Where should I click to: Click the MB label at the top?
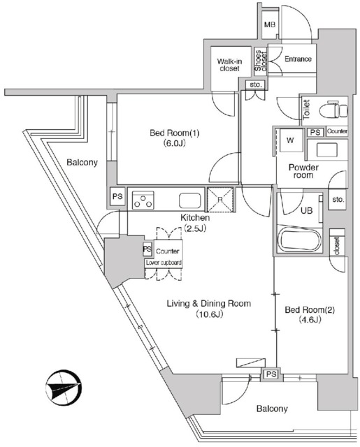[x=270, y=25]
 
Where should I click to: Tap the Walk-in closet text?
[x=229, y=65]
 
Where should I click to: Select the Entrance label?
[x=298, y=59]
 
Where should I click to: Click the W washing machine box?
[x=289, y=140]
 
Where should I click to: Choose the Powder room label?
[x=304, y=171]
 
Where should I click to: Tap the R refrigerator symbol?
[x=221, y=199]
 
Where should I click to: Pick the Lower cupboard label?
[x=164, y=262]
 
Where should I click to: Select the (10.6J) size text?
[x=208, y=315]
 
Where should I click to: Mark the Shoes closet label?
[x=259, y=61]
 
